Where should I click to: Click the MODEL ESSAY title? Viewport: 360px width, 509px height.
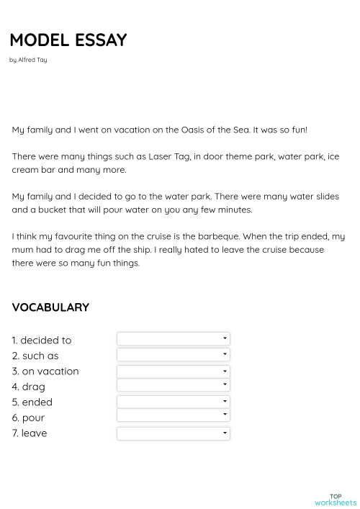coord(68,40)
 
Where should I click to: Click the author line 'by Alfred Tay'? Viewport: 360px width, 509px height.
coord(28,60)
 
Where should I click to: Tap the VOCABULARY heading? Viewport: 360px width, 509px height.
coord(50,307)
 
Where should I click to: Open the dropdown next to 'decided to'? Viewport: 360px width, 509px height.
coord(173,338)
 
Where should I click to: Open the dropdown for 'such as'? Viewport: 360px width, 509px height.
coord(173,354)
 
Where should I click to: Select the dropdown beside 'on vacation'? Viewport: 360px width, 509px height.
coord(173,371)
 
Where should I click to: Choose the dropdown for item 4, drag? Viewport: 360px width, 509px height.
coord(173,386)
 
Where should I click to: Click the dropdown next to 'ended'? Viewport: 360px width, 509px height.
coord(173,402)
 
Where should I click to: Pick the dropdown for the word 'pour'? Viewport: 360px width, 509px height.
coord(173,415)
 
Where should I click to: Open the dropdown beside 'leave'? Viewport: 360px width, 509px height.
coord(173,433)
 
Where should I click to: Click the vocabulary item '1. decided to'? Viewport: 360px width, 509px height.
coord(42,340)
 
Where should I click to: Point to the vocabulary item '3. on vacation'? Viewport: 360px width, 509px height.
coord(45,371)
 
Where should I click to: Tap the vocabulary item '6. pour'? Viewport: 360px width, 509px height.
coord(28,418)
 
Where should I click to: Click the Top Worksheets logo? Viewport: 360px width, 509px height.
coord(336,499)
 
